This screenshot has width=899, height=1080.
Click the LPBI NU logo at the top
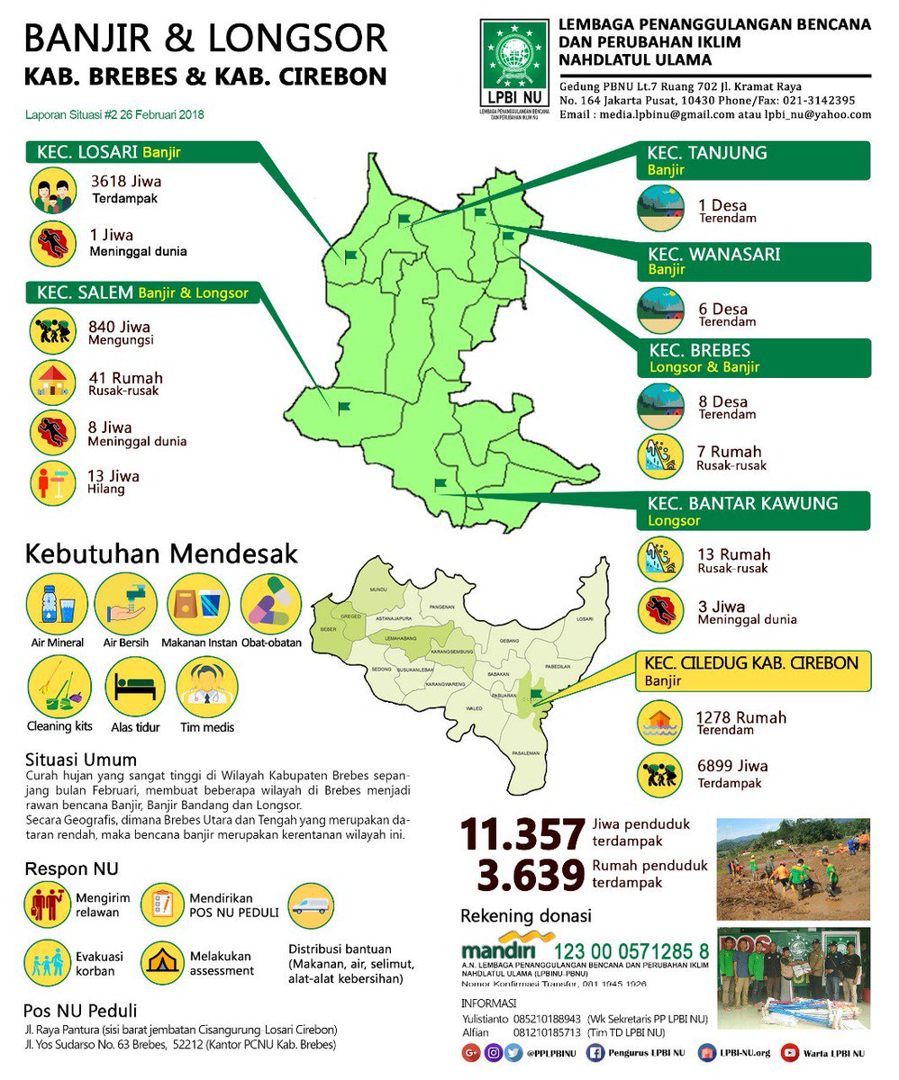click(x=514, y=65)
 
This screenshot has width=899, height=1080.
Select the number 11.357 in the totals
click(x=522, y=835)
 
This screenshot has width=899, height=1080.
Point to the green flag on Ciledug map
click(x=537, y=694)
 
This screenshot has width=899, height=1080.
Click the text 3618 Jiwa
click(x=125, y=181)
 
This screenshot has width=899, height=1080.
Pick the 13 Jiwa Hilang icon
click(x=52, y=482)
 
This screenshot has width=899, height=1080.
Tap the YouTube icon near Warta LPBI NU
click(x=790, y=1052)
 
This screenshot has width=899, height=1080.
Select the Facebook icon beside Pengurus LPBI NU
click(x=595, y=1052)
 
